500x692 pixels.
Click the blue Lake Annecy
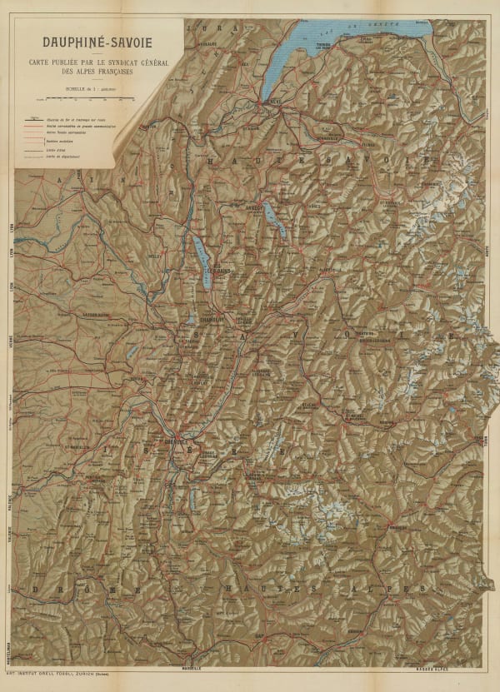[274, 220]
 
